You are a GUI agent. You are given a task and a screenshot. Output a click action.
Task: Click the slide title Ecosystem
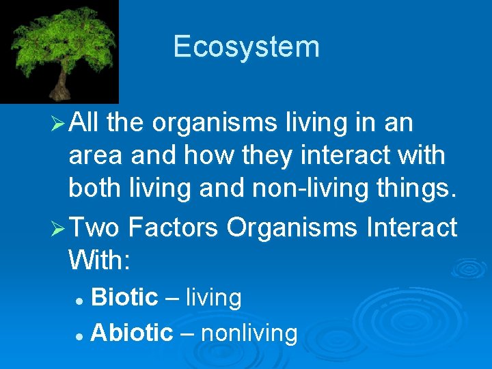point(246,47)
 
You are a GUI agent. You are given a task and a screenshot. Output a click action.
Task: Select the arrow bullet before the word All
point(57,124)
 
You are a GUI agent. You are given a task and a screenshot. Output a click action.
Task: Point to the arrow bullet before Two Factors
point(57,228)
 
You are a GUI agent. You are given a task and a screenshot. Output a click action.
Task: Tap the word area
point(94,156)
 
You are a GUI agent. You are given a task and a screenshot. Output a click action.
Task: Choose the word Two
point(95,228)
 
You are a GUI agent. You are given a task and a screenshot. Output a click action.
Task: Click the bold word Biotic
point(124,298)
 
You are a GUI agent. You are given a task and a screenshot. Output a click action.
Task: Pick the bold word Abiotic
point(132,333)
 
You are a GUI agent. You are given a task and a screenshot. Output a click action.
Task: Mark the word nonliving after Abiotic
point(249,333)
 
